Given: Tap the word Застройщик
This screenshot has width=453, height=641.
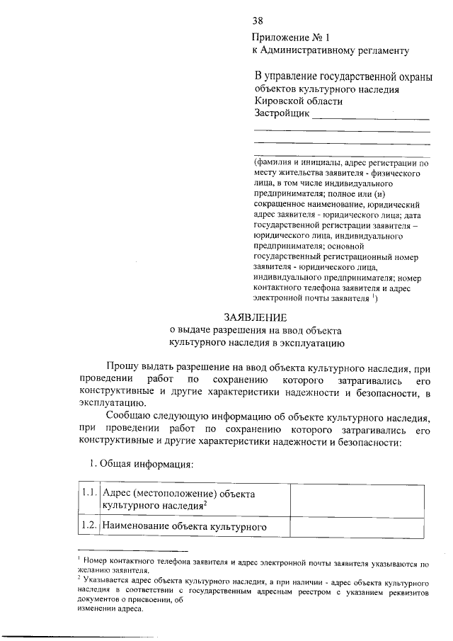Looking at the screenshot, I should pyautogui.click(x=281, y=114).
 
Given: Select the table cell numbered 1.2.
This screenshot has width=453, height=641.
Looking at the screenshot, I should pyautogui.click(x=89, y=526).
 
